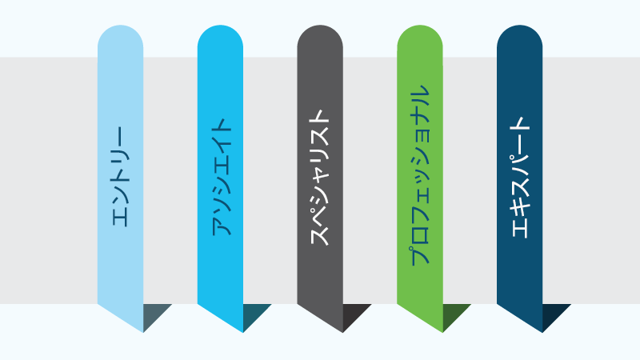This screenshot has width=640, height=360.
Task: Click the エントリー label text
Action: click(x=121, y=176)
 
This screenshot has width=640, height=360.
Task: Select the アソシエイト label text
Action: click(x=221, y=177)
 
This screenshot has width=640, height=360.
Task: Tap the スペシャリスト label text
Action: click(x=320, y=178)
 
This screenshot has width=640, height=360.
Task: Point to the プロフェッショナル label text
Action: click(x=420, y=175)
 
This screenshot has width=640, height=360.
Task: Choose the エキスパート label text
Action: click(x=519, y=177)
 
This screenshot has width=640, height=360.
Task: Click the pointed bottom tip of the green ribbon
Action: click(x=442, y=332)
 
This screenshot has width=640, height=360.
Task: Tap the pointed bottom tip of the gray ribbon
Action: click(x=342, y=332)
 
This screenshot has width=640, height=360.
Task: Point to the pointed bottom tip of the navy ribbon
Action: click(x=542, y=332)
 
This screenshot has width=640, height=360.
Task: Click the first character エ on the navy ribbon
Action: click(x=519, y=229)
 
